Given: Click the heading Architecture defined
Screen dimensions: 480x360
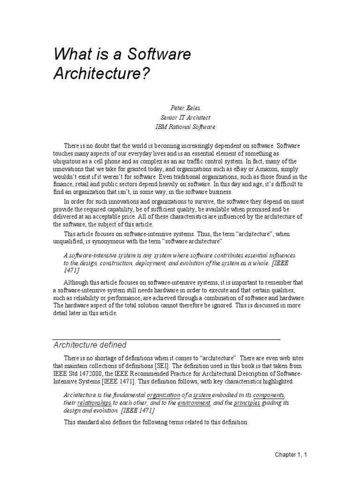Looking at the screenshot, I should tap(90, 345).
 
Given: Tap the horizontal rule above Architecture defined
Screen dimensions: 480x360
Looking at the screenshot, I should tap(167, 339).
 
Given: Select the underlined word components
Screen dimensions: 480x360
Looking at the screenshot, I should tap(269, 395).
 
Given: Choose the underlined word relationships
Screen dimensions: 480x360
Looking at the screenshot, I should tap(94, 403).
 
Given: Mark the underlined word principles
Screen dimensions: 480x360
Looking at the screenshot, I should tap(247, 403).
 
